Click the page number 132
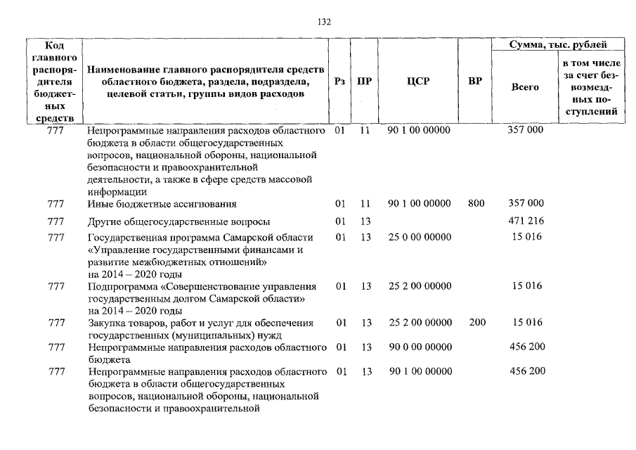[325, 22]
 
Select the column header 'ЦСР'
[418, 82]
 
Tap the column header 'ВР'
[475, 82]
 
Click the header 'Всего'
[525, 87]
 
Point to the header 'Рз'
[340, 82]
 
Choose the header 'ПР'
[365, 82]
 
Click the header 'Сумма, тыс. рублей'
[559, 46]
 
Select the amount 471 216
[526, 221]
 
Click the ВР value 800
[476, 203]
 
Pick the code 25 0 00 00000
[419, 237]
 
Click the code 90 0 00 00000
[419, 347]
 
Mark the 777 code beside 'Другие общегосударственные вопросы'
[56, 221]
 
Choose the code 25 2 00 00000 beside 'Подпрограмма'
[419, 286]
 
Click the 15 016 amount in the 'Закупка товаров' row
[526, 323]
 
